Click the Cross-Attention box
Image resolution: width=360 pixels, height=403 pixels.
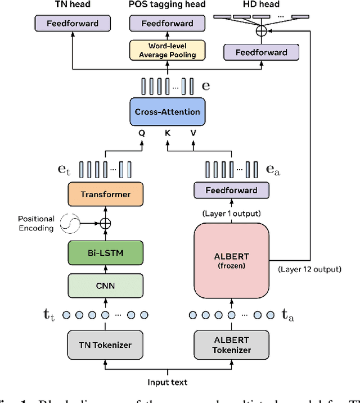coord(168,112)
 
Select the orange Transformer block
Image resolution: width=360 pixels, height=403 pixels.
coord(105,194)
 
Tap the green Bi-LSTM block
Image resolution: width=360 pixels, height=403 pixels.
coord(105,252)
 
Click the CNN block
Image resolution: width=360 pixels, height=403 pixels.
coord(105,286)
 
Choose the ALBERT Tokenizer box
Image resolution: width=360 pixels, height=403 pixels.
coord(231,345)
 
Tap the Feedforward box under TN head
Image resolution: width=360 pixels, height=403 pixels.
coord(73,24)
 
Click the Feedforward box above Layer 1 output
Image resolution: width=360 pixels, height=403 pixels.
coord(231,191)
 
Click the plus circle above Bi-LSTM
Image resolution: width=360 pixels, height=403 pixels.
coord(105,223)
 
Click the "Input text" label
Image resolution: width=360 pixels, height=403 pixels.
coord(168,382)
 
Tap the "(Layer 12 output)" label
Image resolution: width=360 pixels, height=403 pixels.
coord(309,269)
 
